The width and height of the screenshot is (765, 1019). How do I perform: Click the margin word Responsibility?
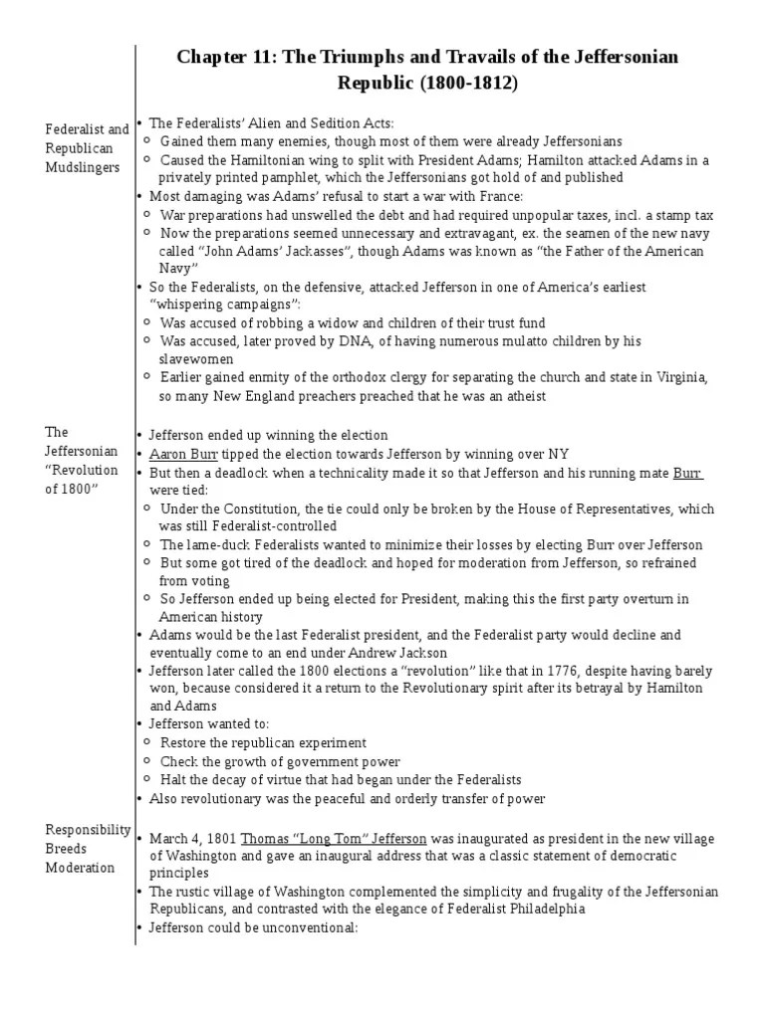point(89,829)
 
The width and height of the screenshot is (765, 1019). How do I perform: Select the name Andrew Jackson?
point(398,652)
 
